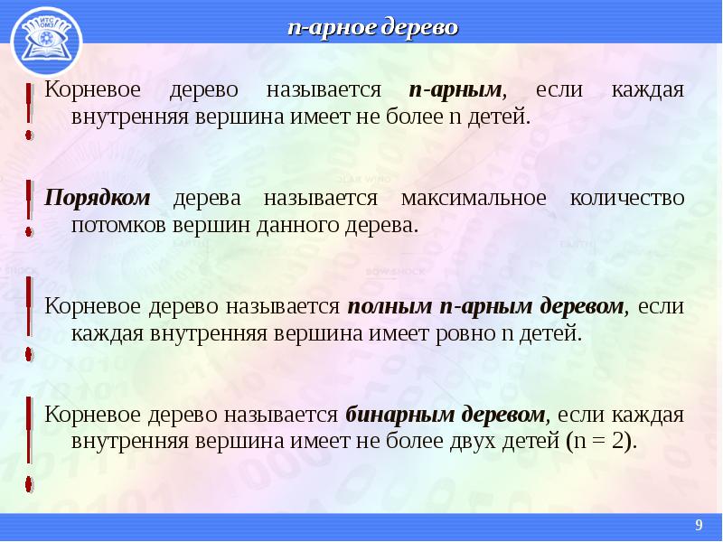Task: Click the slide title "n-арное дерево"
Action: tap(372, 27)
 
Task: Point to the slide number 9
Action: tap(699, 525)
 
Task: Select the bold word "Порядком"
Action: tap(98, 199)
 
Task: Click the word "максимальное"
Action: tap(474, 198)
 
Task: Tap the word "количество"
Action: tap(627, 198)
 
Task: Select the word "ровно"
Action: tap(465, 333)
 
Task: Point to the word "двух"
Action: tap(475, 442)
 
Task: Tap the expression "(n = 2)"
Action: tap(601, 442)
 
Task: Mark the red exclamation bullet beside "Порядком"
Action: tap(29, 209)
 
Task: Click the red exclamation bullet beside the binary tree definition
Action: tap(29, 444)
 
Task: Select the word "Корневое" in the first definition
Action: tap(92, 89)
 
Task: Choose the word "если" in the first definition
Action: tap(559, 89)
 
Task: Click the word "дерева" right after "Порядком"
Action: tap(207, 199)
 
